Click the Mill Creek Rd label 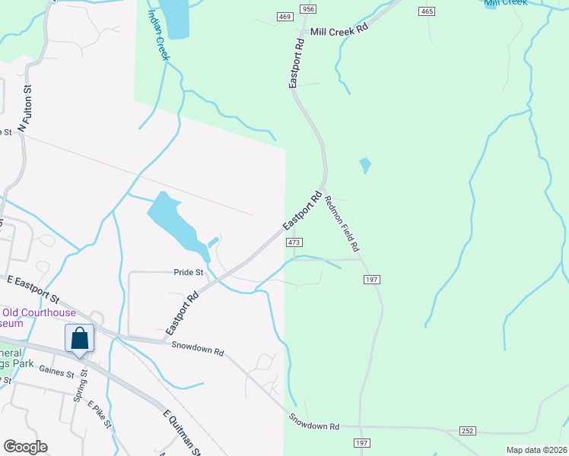339,32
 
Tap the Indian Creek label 158,36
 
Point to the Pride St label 189,272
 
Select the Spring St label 78,387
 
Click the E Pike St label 100,414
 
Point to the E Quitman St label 182,432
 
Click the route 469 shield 284,17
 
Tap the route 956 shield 307,8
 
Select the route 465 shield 426,11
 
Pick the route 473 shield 295,242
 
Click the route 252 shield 467,431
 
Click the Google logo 24,447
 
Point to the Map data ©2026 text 536,450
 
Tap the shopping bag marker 80,339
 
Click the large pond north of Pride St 172,220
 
